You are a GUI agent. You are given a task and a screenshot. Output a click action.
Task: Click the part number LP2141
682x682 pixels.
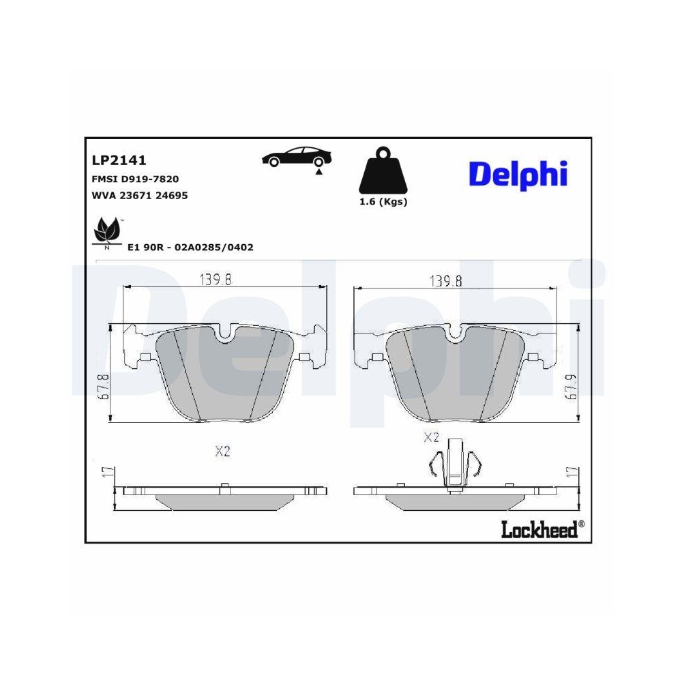pyautogui.click(x=119, y=160)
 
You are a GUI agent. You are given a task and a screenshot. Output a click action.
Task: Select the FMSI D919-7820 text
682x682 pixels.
pyautogui.click(x=134, y=179)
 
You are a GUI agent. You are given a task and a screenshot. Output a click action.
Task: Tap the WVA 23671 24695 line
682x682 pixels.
pyautogui.click(x=139, y=195)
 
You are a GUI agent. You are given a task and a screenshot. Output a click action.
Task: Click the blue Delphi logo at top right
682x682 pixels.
pyautogui.click(x=517, y=174)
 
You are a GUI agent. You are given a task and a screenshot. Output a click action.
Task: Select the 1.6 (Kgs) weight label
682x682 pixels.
pyautogui.click(x=383, y=202)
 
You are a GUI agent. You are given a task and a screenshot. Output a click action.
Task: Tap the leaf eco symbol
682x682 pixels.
pyautogui.click(x=106, y=232)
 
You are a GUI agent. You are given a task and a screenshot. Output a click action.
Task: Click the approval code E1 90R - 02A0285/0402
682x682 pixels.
pyautogui.click(x=190, y=247)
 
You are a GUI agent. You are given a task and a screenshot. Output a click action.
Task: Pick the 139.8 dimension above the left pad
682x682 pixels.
pyautogui.click(x=216, y=280)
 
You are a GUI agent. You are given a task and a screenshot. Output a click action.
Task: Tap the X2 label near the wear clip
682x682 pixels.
pyautogui.click(x=431, y=437)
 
